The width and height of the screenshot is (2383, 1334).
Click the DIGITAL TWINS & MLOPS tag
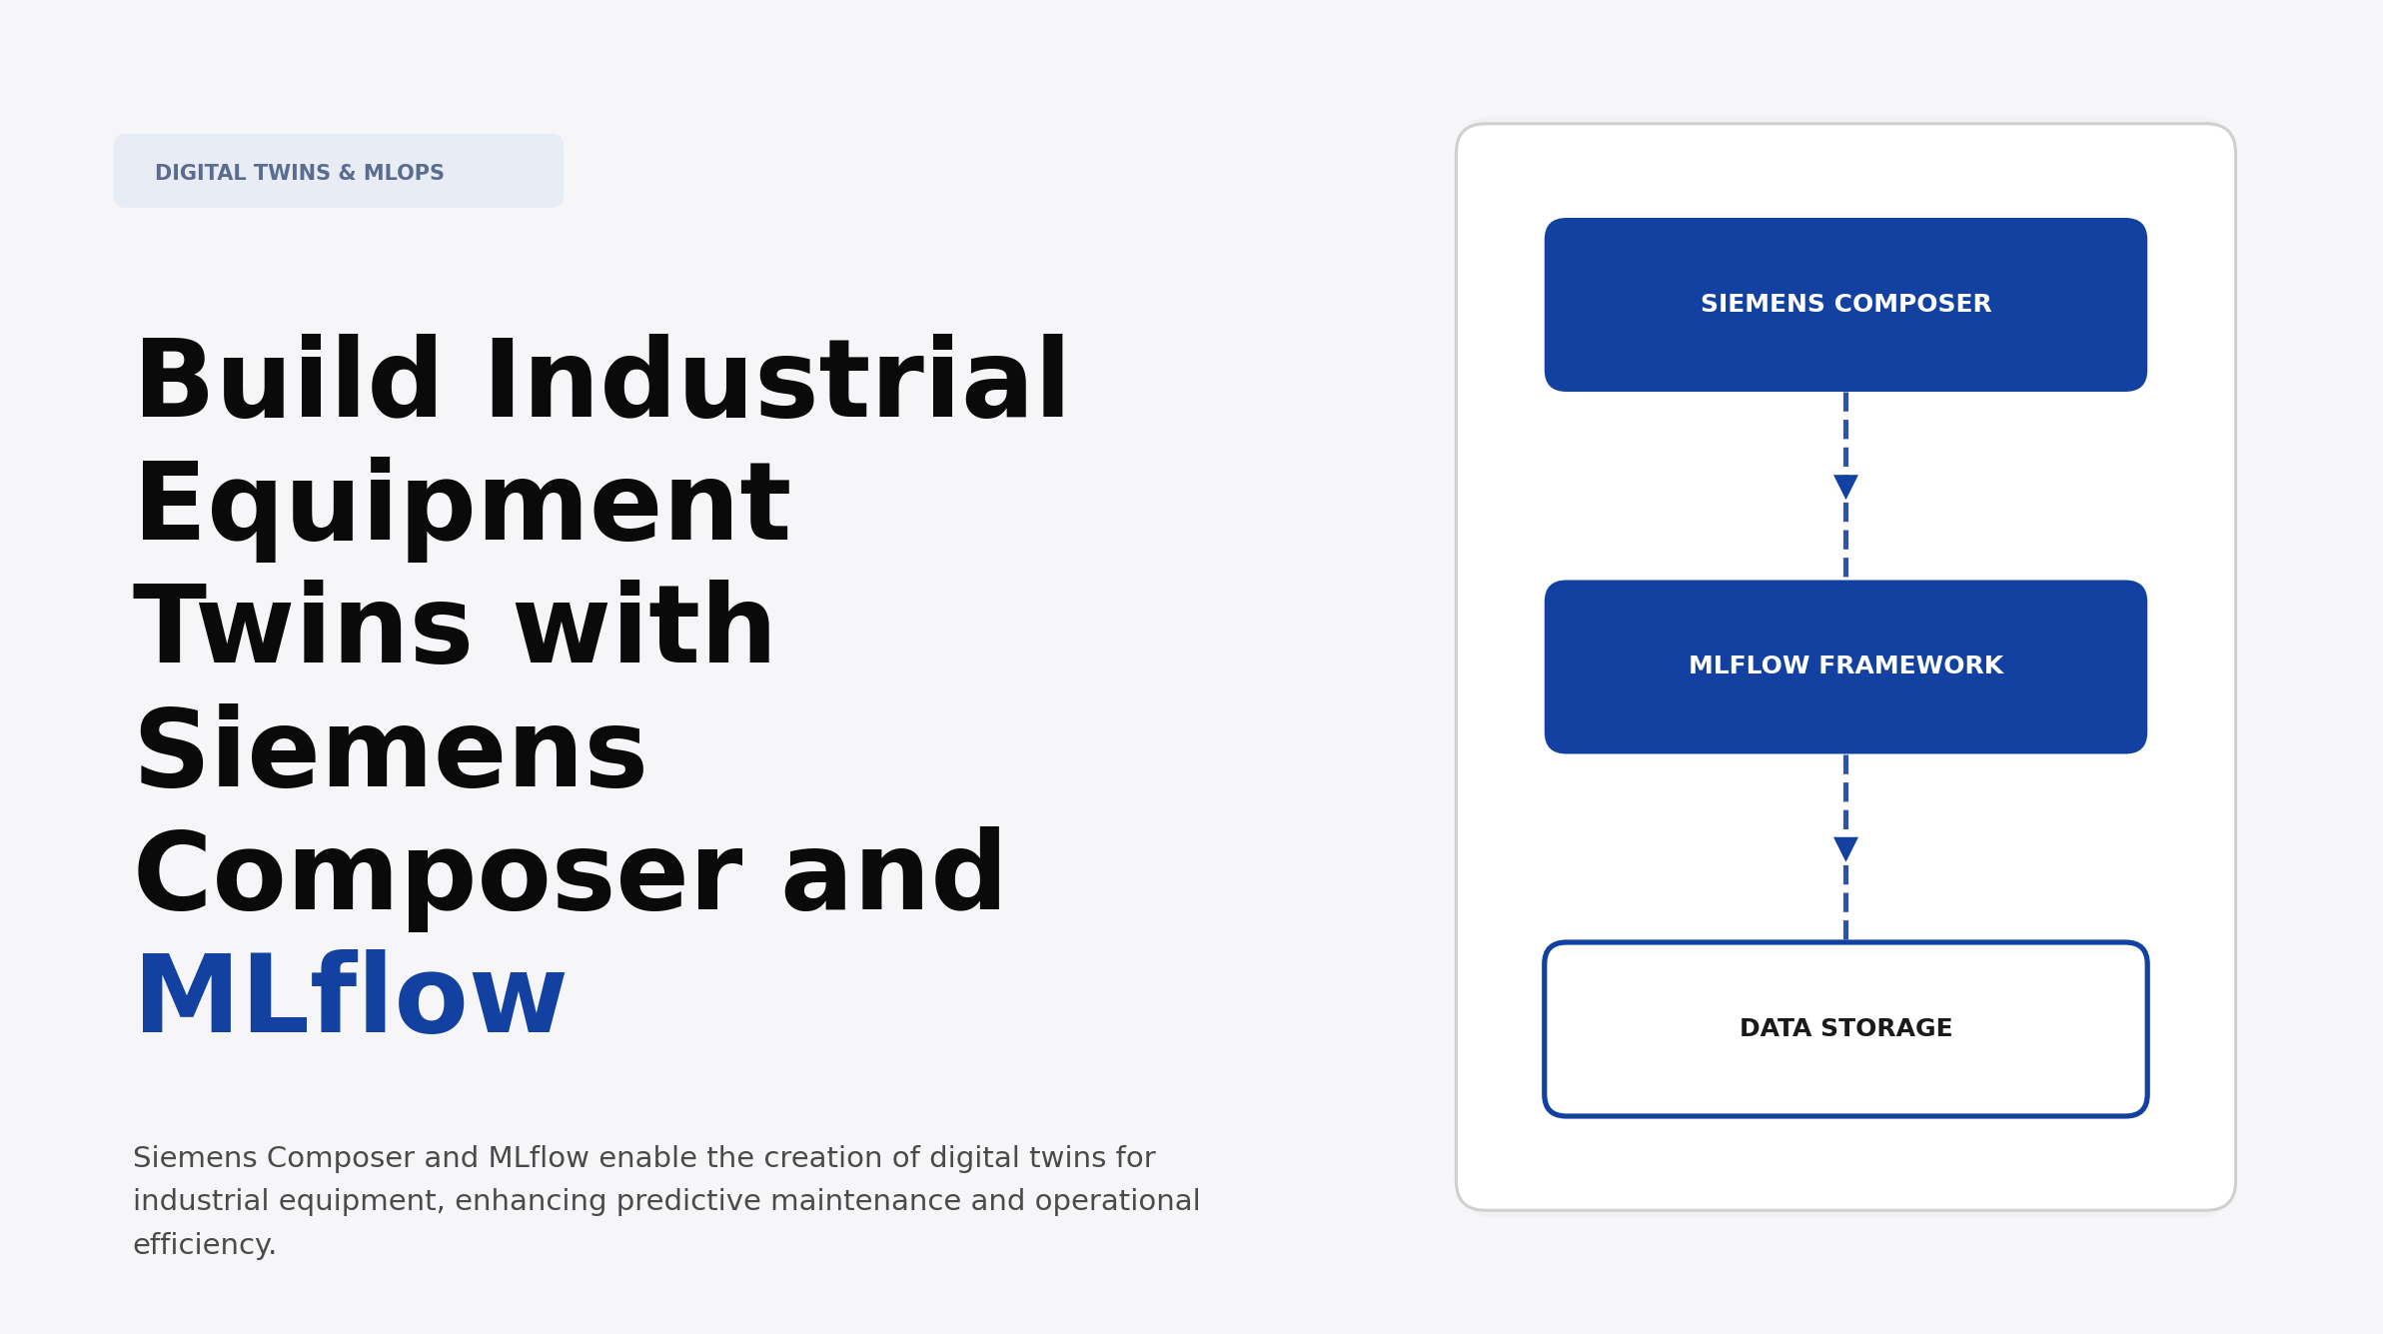point(338,172)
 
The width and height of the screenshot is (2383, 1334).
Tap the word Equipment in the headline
point(463,506)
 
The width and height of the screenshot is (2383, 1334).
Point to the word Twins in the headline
point(303,628)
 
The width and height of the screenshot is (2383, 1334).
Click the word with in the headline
point(644,628)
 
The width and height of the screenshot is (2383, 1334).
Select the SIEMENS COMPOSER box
point(1844,304)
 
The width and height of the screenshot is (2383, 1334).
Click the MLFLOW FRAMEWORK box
point(1844,667)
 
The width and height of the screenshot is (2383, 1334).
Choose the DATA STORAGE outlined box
point(1844,1028)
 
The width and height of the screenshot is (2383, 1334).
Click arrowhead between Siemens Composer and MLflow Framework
point(1844,487)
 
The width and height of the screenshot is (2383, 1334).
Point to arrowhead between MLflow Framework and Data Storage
point(1844,848)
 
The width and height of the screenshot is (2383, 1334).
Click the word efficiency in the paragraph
point(203,1245)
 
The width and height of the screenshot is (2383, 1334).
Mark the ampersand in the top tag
point(347,173)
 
